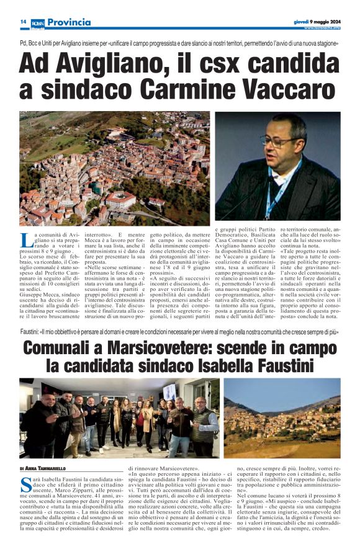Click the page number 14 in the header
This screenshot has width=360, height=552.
coord(23,22)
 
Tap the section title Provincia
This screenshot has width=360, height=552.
coord(69,22)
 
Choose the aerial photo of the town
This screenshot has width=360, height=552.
coord(114,169)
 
